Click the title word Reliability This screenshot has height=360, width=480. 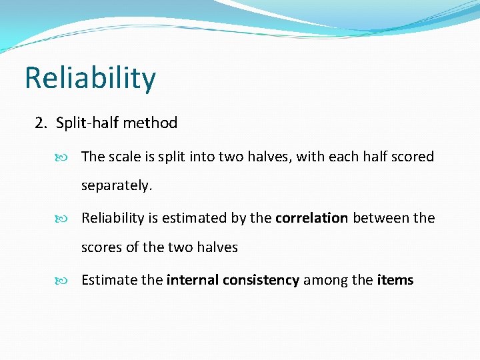[91, 79]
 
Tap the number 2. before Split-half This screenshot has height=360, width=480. [42, 123]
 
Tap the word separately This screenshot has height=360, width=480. [117, 186]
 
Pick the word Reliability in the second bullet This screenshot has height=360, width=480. [113, 218]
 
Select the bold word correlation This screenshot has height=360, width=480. [311, 218]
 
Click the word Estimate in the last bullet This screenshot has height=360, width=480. [109, 280]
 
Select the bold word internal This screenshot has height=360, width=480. [191, 280]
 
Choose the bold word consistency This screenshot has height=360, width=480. [260, 280]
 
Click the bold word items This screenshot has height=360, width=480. [395, 280]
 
